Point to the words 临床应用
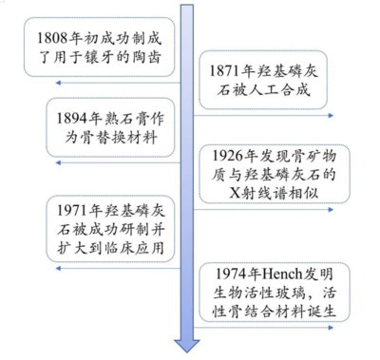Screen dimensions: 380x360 [137, 247]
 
